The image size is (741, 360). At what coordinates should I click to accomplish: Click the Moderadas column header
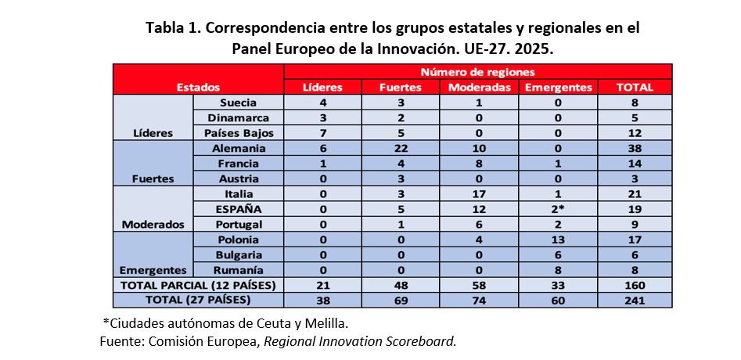[480, 88]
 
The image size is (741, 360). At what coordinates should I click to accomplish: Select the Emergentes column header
[558, 88]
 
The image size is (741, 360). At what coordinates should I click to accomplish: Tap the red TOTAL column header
[635, 88]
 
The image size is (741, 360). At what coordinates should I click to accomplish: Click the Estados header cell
[198, 88]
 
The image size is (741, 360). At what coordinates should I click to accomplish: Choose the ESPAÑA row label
[239, 209]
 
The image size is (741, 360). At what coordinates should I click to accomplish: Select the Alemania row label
[238, 148]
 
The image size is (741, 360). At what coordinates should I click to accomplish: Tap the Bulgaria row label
[239, 254]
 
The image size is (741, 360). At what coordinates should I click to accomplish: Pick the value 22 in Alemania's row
[401, 148]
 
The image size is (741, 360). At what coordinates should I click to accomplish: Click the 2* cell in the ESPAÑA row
[558, 209]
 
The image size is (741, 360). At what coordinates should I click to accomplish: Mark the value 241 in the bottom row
[635, 300]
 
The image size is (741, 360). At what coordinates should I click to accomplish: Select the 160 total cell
[635, 285]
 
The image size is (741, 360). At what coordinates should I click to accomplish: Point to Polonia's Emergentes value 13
[558, 239]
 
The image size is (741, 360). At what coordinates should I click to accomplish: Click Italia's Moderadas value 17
[480, 193]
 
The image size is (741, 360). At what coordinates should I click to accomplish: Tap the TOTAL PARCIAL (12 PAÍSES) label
[198, 285]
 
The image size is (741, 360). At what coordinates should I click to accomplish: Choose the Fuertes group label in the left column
[153, 178]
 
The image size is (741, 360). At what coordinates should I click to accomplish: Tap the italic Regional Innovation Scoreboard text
[361, 341]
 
